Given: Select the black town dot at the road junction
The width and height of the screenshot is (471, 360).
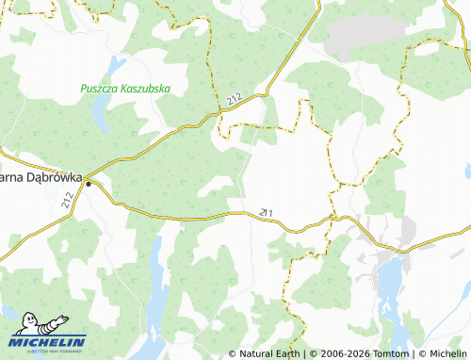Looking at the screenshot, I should coord(89,183).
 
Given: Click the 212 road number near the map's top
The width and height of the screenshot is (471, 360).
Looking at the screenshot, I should coord(235,98).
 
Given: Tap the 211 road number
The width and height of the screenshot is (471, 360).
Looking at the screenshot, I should coord(267,213).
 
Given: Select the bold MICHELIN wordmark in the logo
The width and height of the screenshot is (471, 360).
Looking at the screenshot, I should coord(48,341).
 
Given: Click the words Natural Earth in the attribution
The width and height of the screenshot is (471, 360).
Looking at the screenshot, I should coord(268,353).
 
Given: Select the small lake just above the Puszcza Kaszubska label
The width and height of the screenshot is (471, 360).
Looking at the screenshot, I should coord(116,65).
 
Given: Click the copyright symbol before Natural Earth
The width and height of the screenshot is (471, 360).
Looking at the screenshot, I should coord(233,353).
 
